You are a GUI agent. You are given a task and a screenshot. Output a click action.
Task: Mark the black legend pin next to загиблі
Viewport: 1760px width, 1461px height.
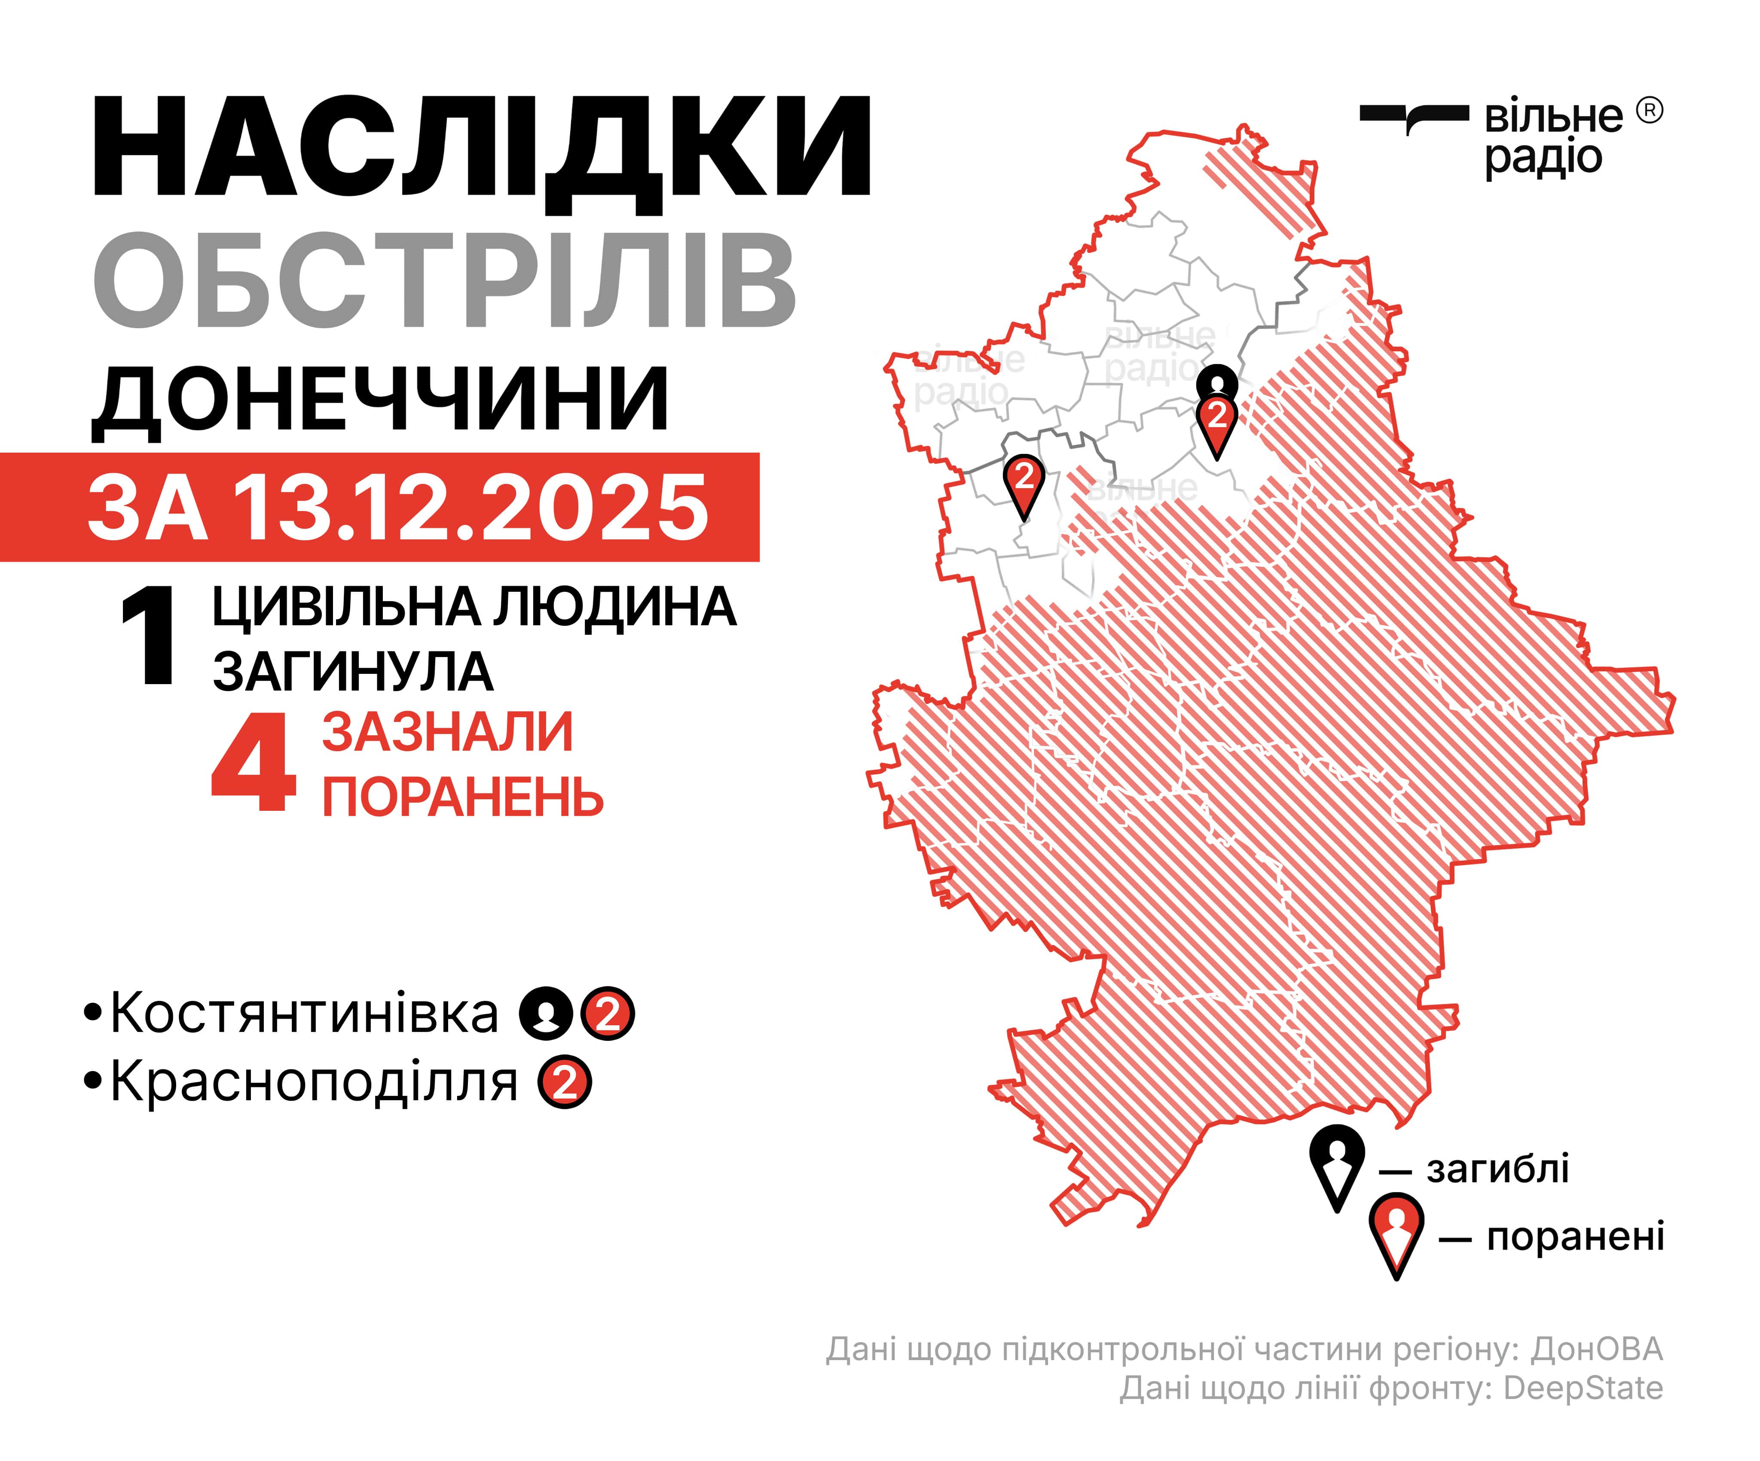tap(1337, 1164)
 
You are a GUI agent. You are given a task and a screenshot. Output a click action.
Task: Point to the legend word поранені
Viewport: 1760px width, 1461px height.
tap(1576, 1236)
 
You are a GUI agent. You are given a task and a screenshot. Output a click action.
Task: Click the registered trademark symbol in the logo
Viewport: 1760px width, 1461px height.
tap(1649, 110)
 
